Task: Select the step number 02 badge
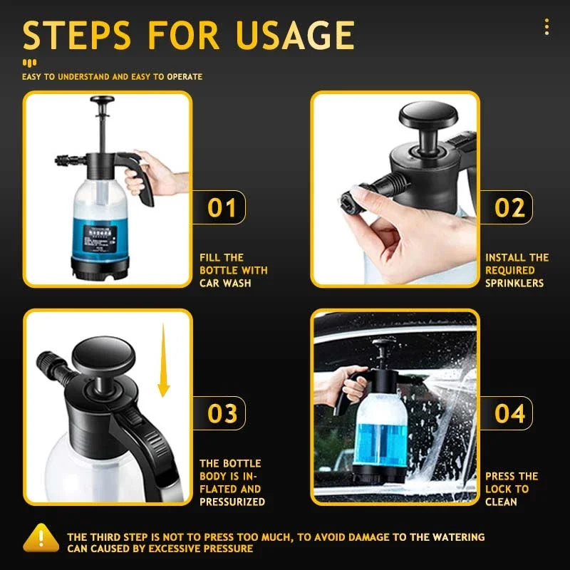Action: (x=509, y=207)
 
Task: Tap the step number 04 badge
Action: (x=509, y=413)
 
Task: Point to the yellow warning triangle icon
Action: (x=41, y=539)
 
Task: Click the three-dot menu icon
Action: (x=546, y=27)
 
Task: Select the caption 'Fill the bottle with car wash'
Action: (x=234, y=270)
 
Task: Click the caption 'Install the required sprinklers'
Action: (x=517, y=270)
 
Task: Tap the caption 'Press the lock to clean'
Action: (x=512, y=489)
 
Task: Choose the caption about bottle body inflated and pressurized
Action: (x=232, y=482)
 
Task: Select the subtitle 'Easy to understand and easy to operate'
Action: (x=112, y=76)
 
